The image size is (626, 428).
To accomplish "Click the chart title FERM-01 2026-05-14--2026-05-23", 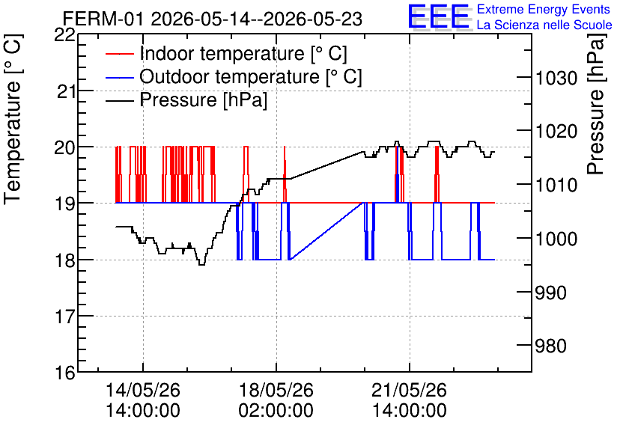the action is pos(213,19).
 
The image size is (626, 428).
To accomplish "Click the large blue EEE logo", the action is pos(439,16).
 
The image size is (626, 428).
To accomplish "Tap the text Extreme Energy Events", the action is pos(544,9).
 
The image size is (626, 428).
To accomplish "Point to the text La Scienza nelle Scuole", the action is pos(544,25).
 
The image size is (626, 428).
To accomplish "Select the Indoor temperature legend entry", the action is pos(226,53).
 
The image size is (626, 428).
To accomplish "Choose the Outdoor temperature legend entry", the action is pos(234,76).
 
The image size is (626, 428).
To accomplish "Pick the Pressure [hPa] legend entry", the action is pos(186,100).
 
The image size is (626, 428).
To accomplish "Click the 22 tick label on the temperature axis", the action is pos(64,35).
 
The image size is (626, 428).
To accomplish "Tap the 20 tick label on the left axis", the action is pos(65,147).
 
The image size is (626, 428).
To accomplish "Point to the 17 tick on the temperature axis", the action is pos(65,317).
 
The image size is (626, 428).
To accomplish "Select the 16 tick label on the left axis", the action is pos(65,373).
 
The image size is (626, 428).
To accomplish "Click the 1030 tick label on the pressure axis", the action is pos(556,78).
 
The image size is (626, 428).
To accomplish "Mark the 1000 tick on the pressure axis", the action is pos(556,239).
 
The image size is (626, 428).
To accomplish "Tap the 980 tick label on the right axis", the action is pos(550,346).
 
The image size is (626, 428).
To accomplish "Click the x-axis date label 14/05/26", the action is pos(143,390).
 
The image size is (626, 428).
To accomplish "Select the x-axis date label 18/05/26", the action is pos(276,390).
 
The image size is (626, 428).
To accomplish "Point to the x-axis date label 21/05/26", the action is pos(409,390).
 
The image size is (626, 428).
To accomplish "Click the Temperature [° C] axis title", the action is pos(13,119).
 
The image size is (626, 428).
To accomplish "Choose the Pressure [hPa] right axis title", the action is pos(597,104).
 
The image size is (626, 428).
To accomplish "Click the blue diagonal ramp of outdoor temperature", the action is pos(326,231).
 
